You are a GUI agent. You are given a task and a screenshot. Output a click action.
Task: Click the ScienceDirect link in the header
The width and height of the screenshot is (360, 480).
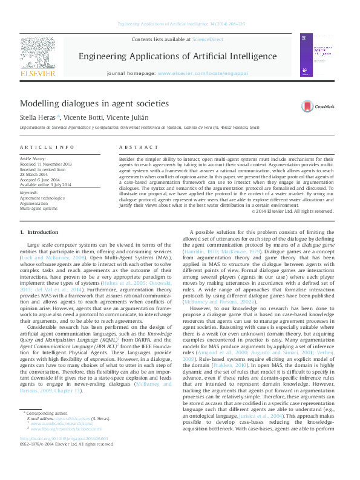[208, 39]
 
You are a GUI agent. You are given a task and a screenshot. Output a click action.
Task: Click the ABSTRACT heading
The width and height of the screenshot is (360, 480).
[134, 148]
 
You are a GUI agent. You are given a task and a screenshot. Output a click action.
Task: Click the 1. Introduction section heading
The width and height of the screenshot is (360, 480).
[39, 232]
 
